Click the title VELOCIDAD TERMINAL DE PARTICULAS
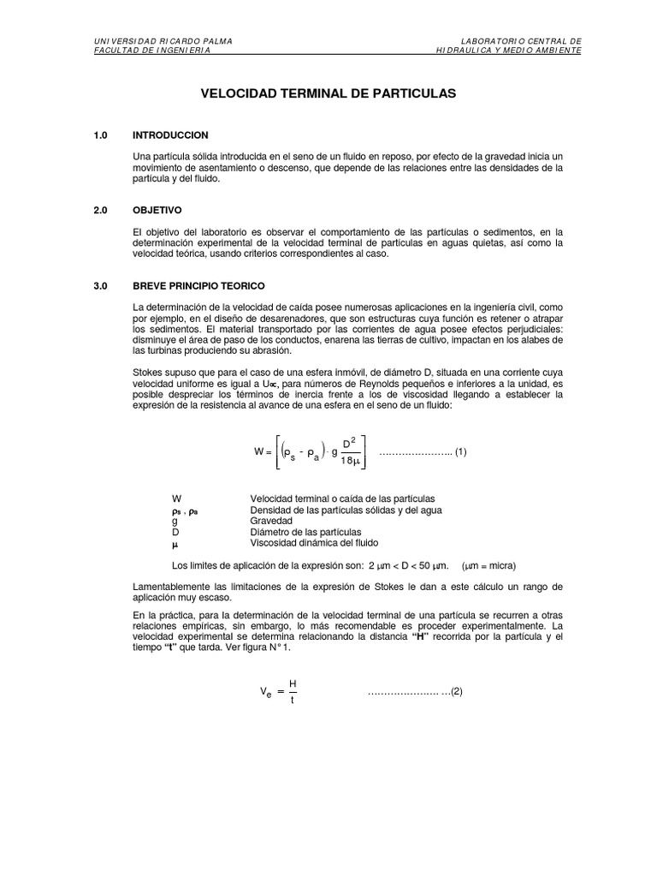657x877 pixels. [328, 92]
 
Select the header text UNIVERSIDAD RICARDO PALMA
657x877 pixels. [162, 40]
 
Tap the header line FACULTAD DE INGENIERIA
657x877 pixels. [152, 50]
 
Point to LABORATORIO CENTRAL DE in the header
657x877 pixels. [521, 40]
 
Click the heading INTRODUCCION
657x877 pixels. [170, 135]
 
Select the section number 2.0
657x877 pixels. [101, 210]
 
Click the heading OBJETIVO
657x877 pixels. [157, 210]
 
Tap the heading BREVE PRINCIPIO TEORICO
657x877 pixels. [198, 284]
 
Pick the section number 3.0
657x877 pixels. [101, 284]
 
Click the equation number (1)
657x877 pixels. [460, 451]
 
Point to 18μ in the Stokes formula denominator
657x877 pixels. [349, 461]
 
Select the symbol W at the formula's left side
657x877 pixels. [258, 451]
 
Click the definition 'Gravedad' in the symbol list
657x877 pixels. [271, 521]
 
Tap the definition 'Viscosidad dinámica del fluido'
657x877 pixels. [314, 543]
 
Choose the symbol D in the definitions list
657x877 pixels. [175, 532]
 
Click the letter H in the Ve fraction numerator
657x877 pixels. [293, 683]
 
